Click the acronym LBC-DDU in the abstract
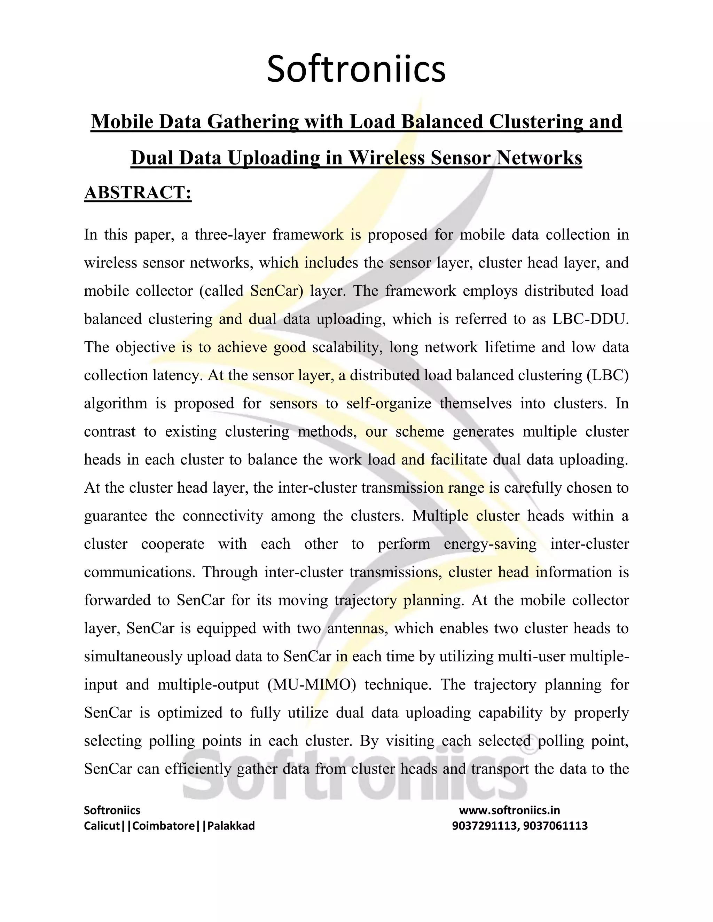(590, 319)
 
